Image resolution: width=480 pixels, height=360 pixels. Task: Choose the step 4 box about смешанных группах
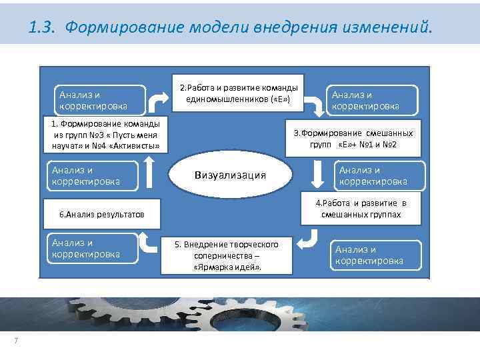[x=361, y=209]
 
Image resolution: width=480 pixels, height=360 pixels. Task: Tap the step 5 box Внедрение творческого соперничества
[x=227, y=255]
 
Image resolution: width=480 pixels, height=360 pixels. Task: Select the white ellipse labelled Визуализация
[x=230, y=175]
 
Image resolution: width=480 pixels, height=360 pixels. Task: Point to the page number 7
[x=15, y=342]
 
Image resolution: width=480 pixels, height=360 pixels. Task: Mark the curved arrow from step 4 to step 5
[x=308, y=239]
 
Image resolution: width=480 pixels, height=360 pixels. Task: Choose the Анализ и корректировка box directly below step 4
[x=377, y=255]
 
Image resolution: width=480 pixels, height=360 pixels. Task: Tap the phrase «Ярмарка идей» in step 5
[x=227, y=266]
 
